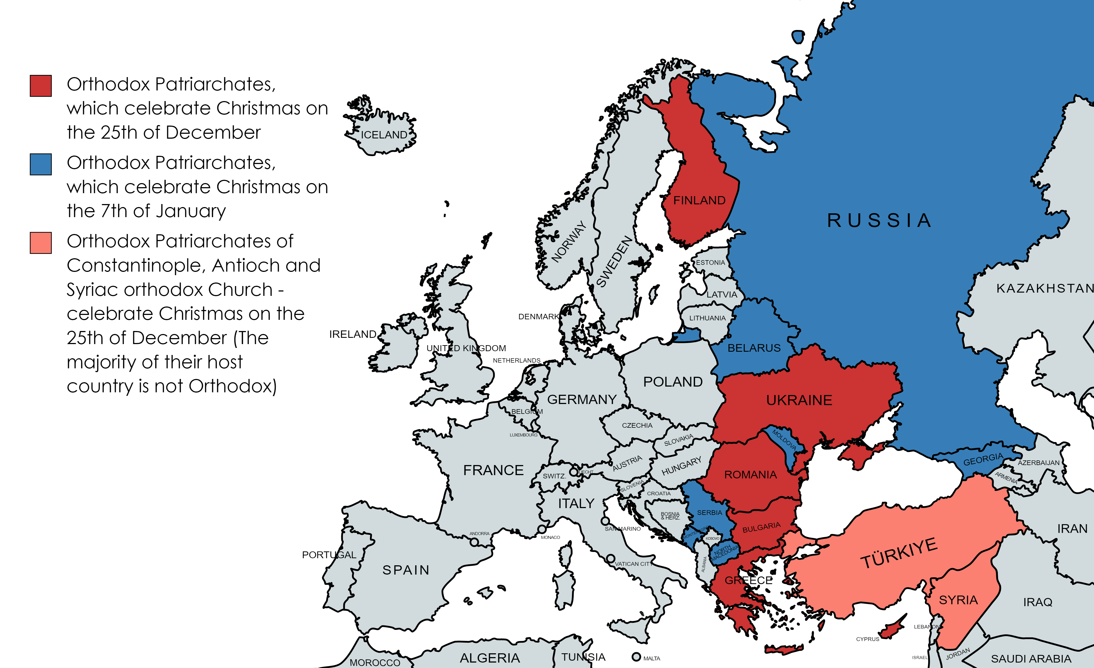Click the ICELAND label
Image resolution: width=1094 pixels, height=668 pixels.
(384, 135)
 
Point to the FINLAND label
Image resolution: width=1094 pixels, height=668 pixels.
(699, 200)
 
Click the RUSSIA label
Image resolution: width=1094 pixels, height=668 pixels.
(879, 220)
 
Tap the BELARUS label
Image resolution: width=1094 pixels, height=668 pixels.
(754, 348)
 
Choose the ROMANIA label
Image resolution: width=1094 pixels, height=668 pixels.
(750, 475)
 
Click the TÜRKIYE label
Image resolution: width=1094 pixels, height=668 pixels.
(899, 553)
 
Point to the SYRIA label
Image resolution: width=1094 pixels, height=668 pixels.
(958, 600)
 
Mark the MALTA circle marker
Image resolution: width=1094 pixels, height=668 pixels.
(636, 657)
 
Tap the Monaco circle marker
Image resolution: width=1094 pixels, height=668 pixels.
(542, 529)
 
